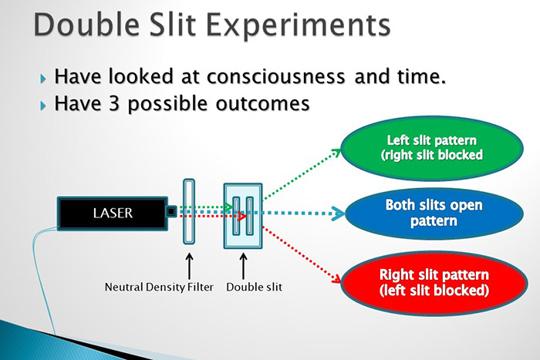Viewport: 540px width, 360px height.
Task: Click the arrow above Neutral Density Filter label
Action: tap(189, 267)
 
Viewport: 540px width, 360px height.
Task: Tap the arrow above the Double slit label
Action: tap(243, 267)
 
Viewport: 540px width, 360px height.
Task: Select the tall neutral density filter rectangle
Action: tap(188, 211)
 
